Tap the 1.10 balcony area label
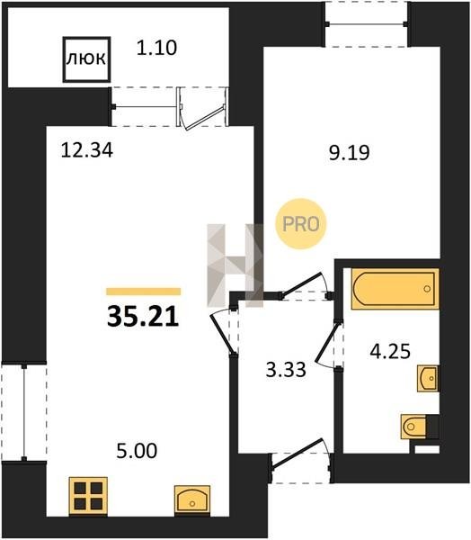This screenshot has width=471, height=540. [156, 48]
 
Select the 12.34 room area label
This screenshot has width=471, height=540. [86, 150]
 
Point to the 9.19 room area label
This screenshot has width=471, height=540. [350, 153]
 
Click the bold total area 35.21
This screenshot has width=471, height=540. [143, 317]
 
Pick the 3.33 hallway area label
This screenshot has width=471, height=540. [286, 370]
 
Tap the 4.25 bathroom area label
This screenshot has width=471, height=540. [390, 352]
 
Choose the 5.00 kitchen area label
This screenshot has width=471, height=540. [137, 451]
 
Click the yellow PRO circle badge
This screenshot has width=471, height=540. [301, 224]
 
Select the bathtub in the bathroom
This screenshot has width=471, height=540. [395, 289]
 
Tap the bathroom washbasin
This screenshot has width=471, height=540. [428, 378]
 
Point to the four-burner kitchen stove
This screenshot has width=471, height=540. [88, 496]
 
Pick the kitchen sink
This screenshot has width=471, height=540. [192, 499]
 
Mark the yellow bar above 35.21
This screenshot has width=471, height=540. [144, 292]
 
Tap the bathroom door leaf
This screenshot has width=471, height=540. [326, 345]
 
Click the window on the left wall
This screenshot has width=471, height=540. [24, 411]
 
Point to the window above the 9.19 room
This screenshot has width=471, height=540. [367, 24]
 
